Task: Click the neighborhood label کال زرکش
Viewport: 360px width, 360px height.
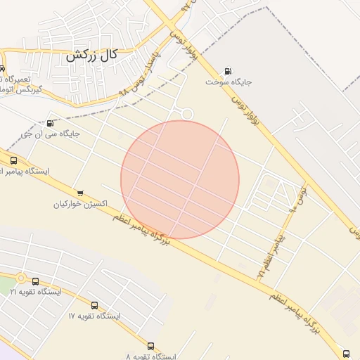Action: [91, 56]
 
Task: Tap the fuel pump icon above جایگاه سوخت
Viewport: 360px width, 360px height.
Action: [228, 71]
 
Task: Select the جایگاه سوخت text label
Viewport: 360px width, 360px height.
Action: [229, 82]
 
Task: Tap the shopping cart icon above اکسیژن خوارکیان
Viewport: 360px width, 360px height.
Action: [80, 193]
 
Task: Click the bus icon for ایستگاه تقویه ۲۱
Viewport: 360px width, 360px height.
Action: [35, 281]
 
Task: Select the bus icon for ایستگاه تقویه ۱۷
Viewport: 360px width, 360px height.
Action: [95, 306]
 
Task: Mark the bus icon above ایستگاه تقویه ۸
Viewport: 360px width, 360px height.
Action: [150, 346]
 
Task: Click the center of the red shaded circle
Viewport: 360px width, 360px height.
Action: [180, 179]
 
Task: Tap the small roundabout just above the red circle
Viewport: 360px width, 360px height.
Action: [187, 114]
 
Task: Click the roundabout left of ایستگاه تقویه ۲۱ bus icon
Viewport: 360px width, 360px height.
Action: [21, 278]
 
